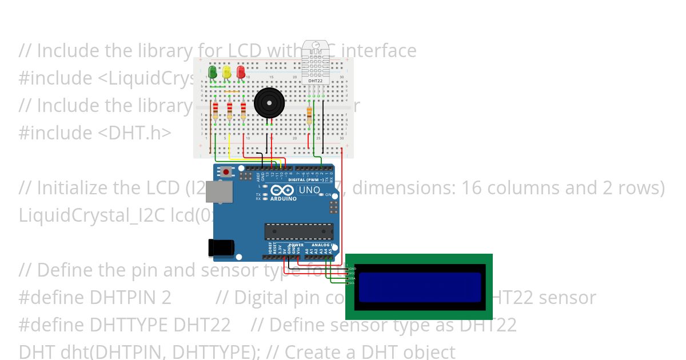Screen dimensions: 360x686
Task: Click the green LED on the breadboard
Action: (x=213, y=72)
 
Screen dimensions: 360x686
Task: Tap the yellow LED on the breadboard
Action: (x=226, y=72)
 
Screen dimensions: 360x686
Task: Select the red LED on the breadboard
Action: (x=241, y=72)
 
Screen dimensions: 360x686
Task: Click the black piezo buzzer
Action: (x=269, y=103)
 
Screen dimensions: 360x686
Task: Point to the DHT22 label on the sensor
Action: (x=315, y=81)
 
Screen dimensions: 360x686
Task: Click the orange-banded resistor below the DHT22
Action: (x=309, y=115)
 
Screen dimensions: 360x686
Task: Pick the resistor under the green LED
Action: (x=216, y=111)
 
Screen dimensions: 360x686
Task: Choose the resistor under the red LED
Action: (x=244, y=111)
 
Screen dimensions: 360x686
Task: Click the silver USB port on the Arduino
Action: (x=219, y=192)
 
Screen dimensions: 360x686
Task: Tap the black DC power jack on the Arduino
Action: (x=221, y=247)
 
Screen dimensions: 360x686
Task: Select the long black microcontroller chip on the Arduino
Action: (x=298, y=231)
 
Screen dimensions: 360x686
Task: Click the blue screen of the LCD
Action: (x=420, y=287)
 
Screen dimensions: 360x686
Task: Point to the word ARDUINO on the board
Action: (x=283, y=199)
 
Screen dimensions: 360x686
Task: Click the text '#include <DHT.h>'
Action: (x=95, y=133)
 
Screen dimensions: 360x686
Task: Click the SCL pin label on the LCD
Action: (x=352, y=283)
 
